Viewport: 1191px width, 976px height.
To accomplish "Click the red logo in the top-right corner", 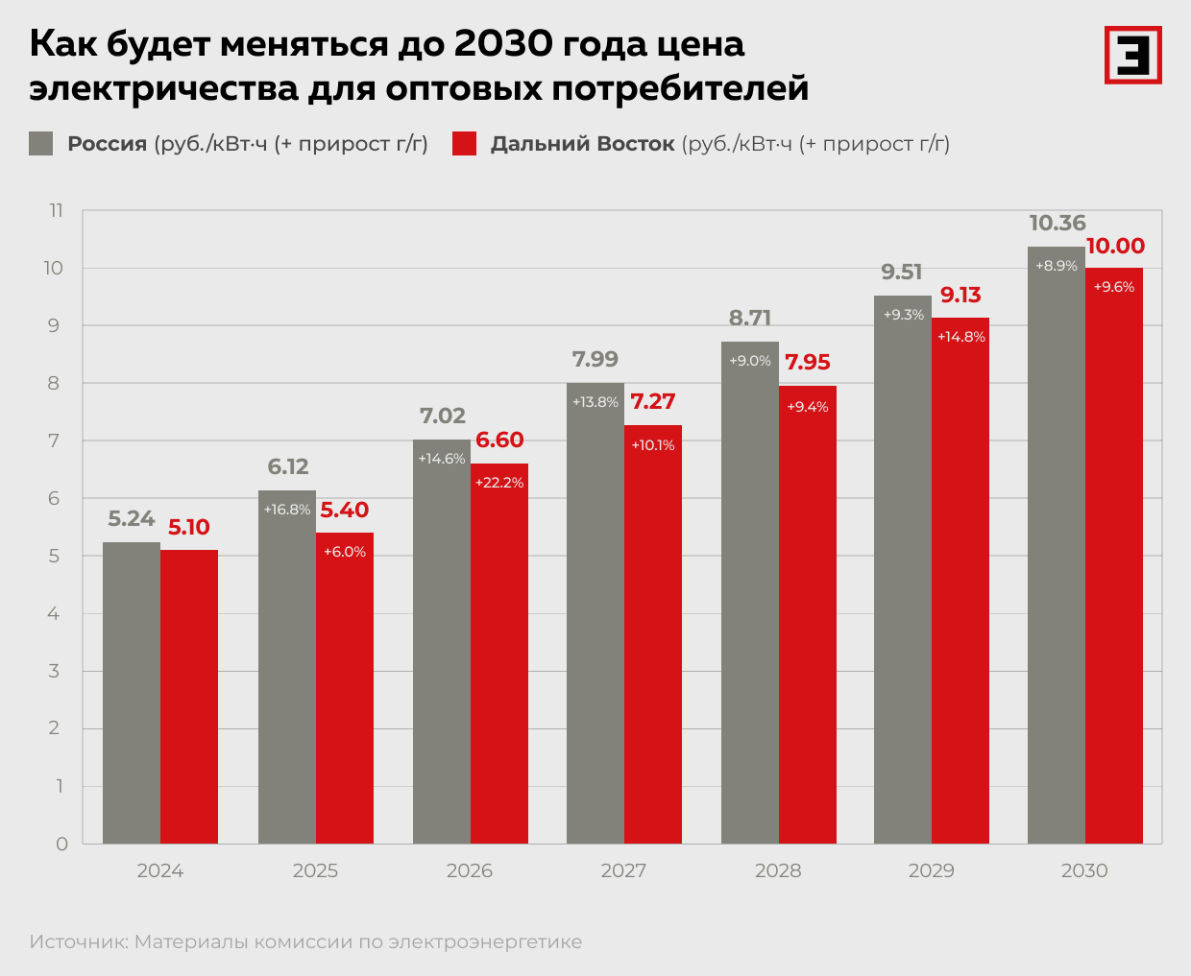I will click(1132, 55).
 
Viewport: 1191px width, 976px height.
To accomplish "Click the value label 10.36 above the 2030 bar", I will click(1057, 224).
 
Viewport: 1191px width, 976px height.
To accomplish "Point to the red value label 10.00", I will click(1115, 247).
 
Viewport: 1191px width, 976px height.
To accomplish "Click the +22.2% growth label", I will click(499, 483).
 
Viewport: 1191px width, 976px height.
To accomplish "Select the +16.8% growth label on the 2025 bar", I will click(287, 510).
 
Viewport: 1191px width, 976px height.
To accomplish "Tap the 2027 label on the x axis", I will click(623, 870).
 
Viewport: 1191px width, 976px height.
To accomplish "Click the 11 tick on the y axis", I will click(57, 211).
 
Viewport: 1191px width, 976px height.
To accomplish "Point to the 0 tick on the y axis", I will click(62, 844).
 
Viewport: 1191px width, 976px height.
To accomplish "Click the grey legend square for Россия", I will click(41, 144).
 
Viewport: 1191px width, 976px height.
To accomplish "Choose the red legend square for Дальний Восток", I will click(464, 144).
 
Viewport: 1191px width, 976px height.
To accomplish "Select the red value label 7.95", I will click(808, 363).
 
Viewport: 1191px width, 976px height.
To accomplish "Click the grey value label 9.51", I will click(902, 273).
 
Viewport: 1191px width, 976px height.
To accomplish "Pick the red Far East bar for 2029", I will click(960, 595).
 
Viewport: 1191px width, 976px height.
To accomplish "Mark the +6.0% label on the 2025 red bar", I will click(345, 552).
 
